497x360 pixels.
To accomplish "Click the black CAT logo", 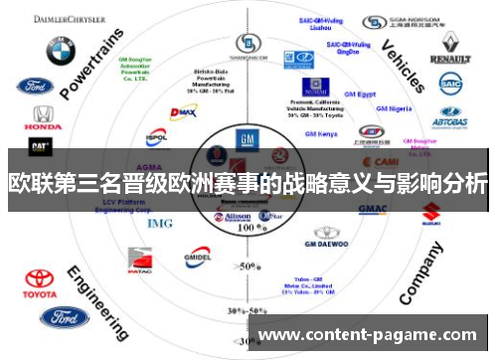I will (40, 146).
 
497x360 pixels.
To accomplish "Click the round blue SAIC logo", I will (451, 87).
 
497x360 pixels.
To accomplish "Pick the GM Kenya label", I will (320, 133).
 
